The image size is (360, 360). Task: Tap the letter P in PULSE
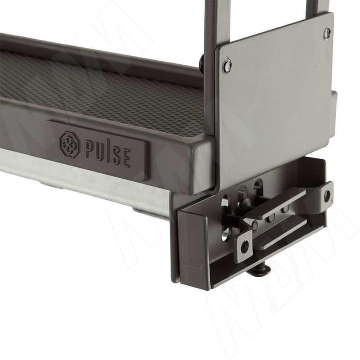click(89, 150)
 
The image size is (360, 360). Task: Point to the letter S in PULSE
click(116, 156)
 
